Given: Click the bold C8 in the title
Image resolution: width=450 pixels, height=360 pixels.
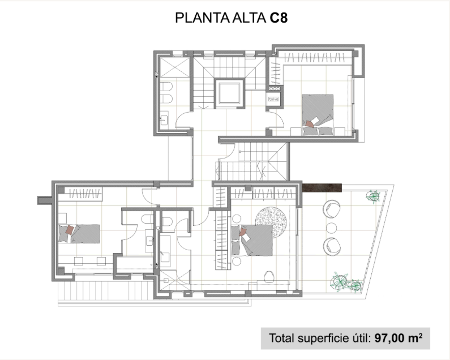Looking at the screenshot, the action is pos(278,18).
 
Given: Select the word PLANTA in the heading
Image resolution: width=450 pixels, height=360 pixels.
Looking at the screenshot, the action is pos(202,18).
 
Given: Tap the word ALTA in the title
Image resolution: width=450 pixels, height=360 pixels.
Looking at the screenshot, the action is pos(249,18).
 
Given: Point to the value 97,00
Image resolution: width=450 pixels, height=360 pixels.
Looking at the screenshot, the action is pos(389,338).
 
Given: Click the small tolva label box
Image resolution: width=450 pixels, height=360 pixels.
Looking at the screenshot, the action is pos(273,99).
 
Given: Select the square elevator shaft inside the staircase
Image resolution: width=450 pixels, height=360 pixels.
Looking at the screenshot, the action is pos(229,93).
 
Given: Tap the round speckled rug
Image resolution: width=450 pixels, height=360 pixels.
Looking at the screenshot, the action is pos(271,222).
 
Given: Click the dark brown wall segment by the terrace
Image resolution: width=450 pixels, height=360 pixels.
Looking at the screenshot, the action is pos(322,188).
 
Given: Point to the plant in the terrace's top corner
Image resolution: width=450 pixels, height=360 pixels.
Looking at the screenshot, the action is pos(374,196).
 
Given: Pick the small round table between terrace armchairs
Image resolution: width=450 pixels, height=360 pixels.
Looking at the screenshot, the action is pos(332,228).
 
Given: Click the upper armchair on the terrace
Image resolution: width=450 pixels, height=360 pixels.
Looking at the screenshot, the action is pos(332,209).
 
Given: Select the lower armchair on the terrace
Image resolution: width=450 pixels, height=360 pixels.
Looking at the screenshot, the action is pos(332,247).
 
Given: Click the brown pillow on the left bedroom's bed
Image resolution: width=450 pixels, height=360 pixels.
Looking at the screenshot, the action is pos(70,230).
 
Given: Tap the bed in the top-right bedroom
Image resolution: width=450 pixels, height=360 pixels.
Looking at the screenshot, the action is pos(318,114).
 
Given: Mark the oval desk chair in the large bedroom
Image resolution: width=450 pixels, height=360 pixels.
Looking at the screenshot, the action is pos(269,276).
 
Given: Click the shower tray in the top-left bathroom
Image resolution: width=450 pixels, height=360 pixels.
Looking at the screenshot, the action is pos(175,67).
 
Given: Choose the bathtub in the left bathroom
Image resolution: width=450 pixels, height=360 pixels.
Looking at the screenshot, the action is pos(135,265).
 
